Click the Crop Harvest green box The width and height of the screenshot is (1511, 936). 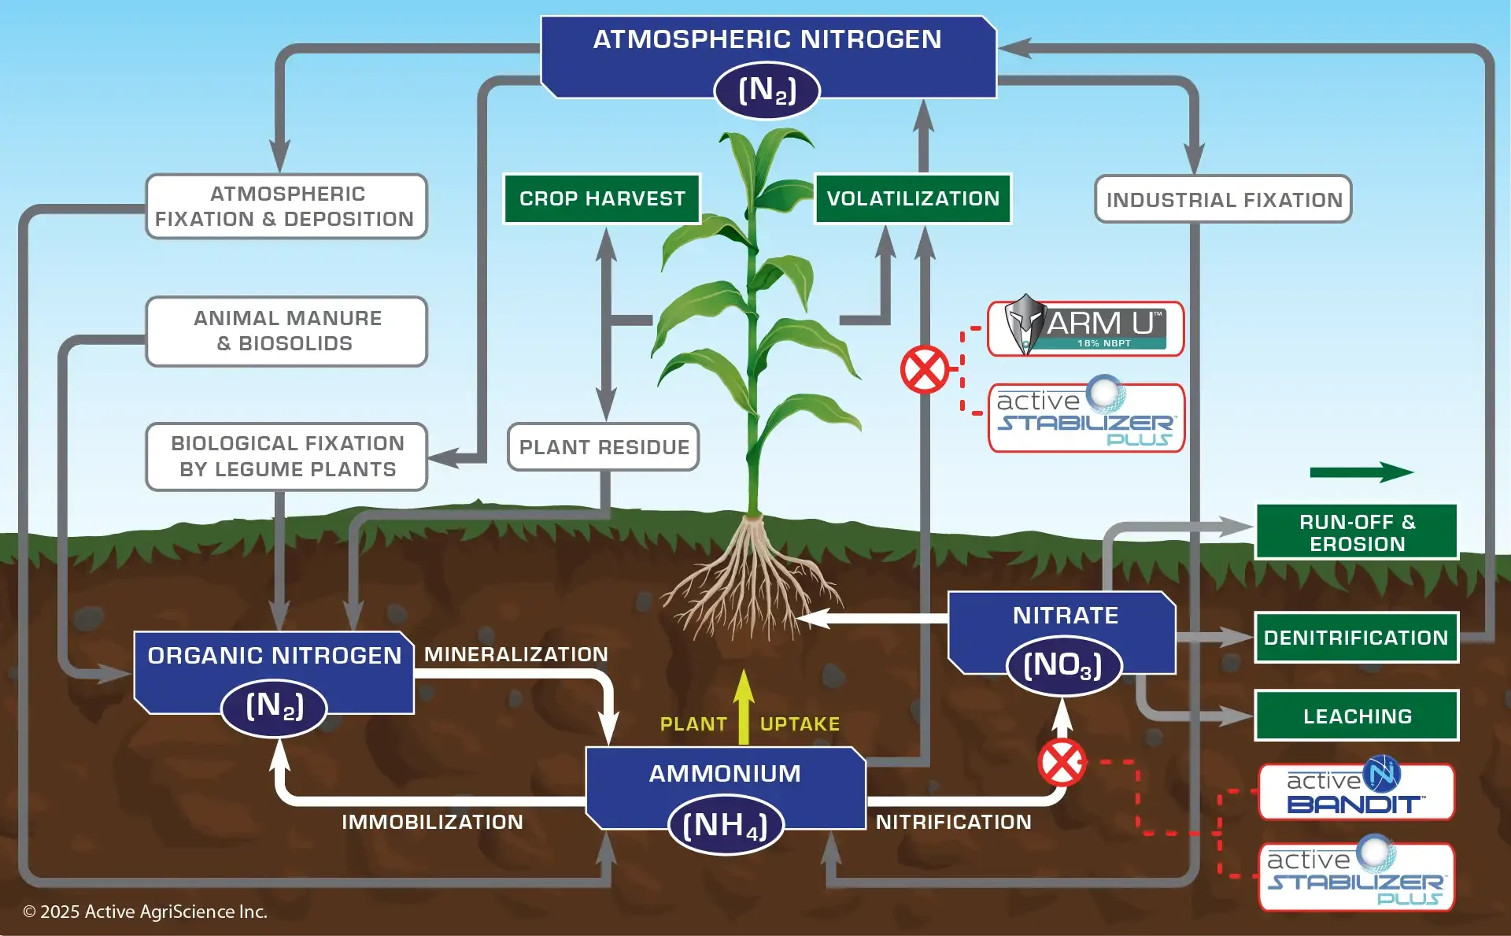tap(602, 199)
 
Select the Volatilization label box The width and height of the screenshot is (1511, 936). tap(913, 199)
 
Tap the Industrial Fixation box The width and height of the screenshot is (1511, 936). tap(1223, 200)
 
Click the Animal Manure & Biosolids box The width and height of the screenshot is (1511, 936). tap(286, 331)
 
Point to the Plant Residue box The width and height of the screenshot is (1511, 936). tap(604, 447)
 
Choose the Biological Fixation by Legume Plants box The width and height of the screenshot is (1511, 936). tap(286, 457)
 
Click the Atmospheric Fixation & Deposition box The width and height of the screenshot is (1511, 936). tap(286, 206)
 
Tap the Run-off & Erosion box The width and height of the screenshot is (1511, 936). tap(1357, 532)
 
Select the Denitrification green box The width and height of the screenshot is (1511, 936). tap(1356, 638)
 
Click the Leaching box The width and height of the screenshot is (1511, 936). tap(1357, 716)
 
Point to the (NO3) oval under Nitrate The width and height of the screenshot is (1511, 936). tap(1063, 666)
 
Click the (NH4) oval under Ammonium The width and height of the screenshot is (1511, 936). tap(726, 826)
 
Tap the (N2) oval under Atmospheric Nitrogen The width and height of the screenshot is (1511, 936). tap(767, 91)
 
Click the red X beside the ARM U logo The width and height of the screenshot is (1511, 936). tap(925, 369)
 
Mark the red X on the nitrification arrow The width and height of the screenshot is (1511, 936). tap(1062, 762)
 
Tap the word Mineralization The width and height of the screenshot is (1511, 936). tap(516, 654)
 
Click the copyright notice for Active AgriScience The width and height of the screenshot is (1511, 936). tap(146, 912)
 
